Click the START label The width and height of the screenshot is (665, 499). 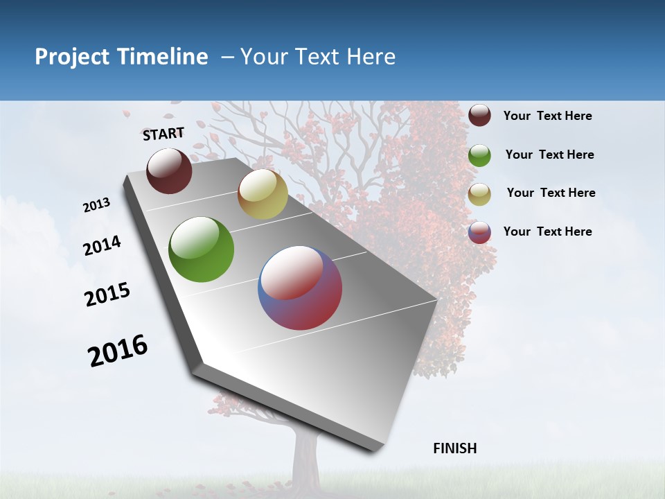pos(163,134)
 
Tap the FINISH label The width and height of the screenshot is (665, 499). pos(454,448)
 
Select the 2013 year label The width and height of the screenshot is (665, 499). pos(97,204)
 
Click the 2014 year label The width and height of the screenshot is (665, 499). pos(103,245)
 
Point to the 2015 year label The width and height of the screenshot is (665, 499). pos(107,295)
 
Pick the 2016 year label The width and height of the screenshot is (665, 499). pos(118,351)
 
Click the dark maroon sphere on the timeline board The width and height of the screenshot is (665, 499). pos(169,170)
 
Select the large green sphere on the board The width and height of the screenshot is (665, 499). pos(202,249)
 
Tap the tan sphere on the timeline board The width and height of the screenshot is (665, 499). pos(263,194)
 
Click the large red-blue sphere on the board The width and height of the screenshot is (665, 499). pos(300,288)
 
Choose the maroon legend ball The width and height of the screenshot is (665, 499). pos(479,116)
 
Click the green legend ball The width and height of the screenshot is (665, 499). pos(479,155)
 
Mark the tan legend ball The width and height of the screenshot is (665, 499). pos(479,194)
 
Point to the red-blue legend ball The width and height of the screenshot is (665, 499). pos(479,232)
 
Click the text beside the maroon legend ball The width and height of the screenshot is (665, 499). pos(547,116)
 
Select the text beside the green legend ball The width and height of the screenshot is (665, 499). pos(549,155)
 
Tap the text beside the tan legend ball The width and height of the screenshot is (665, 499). pos(551,193)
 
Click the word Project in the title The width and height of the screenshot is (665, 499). pos(72,57)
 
